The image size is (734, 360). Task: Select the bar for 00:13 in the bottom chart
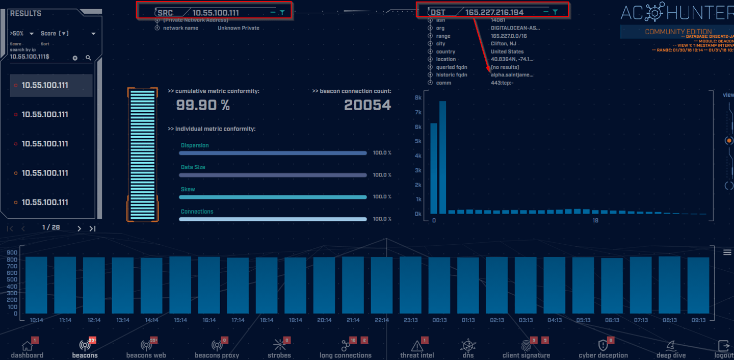tap(439, 285)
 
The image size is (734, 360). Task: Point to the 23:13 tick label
tap(410, 320)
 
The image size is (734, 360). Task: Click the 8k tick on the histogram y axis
tap(418, 98)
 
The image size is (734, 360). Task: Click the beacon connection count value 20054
tap(368, 105)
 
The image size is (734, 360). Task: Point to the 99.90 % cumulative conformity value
tap(203, 105)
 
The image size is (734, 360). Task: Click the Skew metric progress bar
tap(273, 197)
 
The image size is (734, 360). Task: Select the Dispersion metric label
tap(195, 145)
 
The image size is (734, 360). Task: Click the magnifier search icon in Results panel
tap(88, 58)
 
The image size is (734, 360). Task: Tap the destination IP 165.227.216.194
tap(494, 12)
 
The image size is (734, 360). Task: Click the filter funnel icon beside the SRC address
tap(282, 12)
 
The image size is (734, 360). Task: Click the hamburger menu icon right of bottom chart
tap(727, 252)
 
